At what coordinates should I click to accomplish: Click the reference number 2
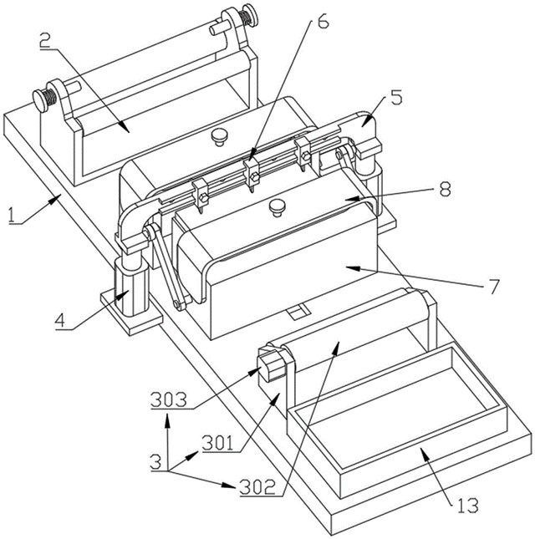coord(45,41)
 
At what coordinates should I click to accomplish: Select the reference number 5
coord(396,98)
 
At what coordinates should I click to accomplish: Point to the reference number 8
coord(445,189)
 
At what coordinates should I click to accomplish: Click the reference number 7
coord(493,286)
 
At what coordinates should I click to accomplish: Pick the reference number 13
coord(468,506)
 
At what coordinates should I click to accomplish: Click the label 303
coord(169,399)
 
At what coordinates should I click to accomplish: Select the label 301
coord(218,443)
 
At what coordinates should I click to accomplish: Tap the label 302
coord(257,486)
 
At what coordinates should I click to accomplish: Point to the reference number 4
coord(60,321)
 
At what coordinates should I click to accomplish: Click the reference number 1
coord(13,216)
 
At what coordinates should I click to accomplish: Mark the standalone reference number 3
coord(155,461)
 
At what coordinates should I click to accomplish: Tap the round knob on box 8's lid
coord(278,208)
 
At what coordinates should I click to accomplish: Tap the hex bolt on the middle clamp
coord(254,177)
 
